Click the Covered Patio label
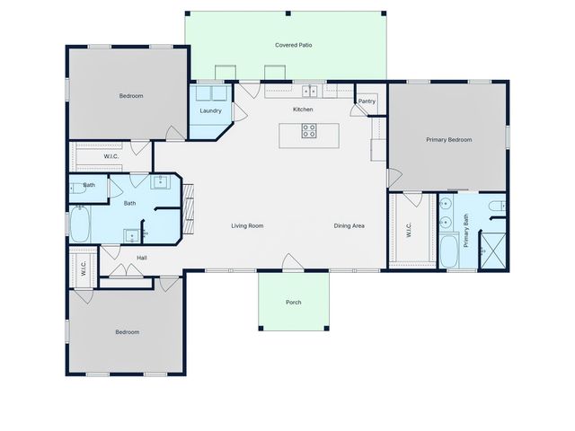[x=294, y=45]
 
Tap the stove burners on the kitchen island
[x=308, y=129]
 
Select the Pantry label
[x=367, y=101]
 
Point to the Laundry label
[x=210, y=111]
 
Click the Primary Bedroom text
[x=448, y=139]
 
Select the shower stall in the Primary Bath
[x=492, y=248]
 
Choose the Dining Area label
[x=349, y=226]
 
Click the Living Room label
[x=247, y=226]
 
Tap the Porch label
[x=294, y=303]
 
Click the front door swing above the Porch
[x=293, y=261]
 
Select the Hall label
[x=142, y=258]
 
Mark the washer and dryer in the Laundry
[x=210, y=93]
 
